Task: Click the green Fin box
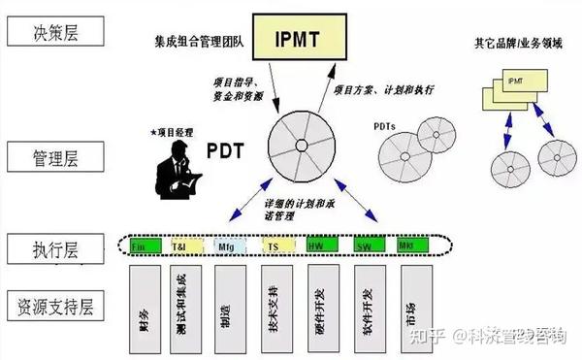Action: point(146,246)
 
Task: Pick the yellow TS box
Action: point(275,246)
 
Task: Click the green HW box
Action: point(319,246)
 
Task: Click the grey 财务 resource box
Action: point(146,310)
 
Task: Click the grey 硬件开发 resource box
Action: point(319,310)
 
